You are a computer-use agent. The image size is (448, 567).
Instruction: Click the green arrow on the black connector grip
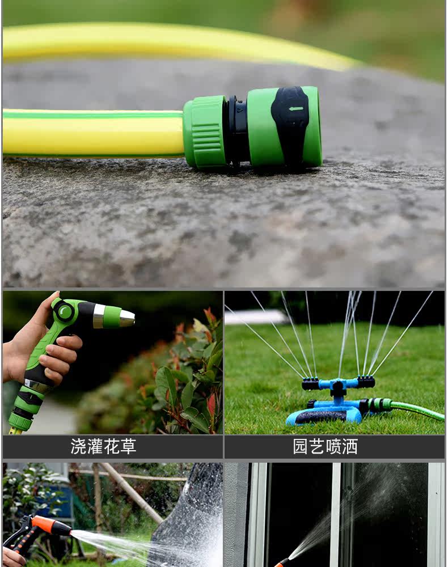(x=296, y=108)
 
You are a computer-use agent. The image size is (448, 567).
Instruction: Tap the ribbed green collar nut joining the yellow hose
(x=205, y=132)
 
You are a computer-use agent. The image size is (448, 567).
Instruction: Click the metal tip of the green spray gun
(x=127, y=318)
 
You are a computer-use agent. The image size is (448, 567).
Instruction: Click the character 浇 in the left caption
(x=78, y=447)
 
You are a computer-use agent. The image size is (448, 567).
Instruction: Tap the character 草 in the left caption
(x=128, y=447)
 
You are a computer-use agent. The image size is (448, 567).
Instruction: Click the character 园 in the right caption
(x=301, y=447)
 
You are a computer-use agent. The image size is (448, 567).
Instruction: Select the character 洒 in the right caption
(x=350, y=447)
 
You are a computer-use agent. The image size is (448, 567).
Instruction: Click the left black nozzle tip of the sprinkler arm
(x=310, y=383)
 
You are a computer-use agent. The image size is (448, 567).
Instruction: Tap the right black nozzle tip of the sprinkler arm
(x=366, y=382)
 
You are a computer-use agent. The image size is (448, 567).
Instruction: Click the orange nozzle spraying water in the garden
(x=50, y=526)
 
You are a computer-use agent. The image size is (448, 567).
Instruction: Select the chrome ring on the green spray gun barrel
(x=99, y=316)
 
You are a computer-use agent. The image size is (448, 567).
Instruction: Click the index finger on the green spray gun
(x=68, y=342)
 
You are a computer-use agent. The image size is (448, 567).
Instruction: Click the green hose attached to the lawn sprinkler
(x=416, y=410)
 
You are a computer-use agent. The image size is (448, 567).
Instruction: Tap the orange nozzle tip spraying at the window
(x=281, y=562)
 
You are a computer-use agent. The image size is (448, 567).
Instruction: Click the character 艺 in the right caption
(x=317, y=447)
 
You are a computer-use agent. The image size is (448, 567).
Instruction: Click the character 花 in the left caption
(x=111, y=447)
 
